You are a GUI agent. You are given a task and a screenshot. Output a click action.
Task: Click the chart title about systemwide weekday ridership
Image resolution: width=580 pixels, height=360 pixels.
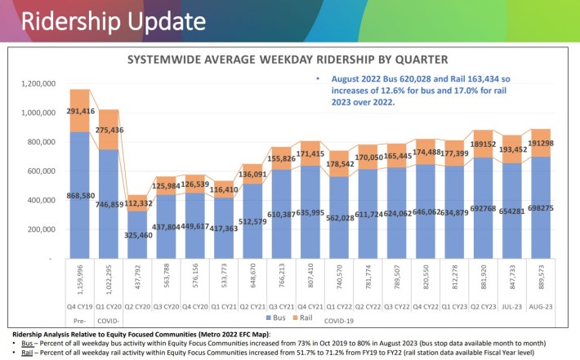click(286, 60)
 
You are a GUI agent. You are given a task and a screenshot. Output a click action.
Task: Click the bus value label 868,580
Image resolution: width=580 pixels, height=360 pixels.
click(80, 172)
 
